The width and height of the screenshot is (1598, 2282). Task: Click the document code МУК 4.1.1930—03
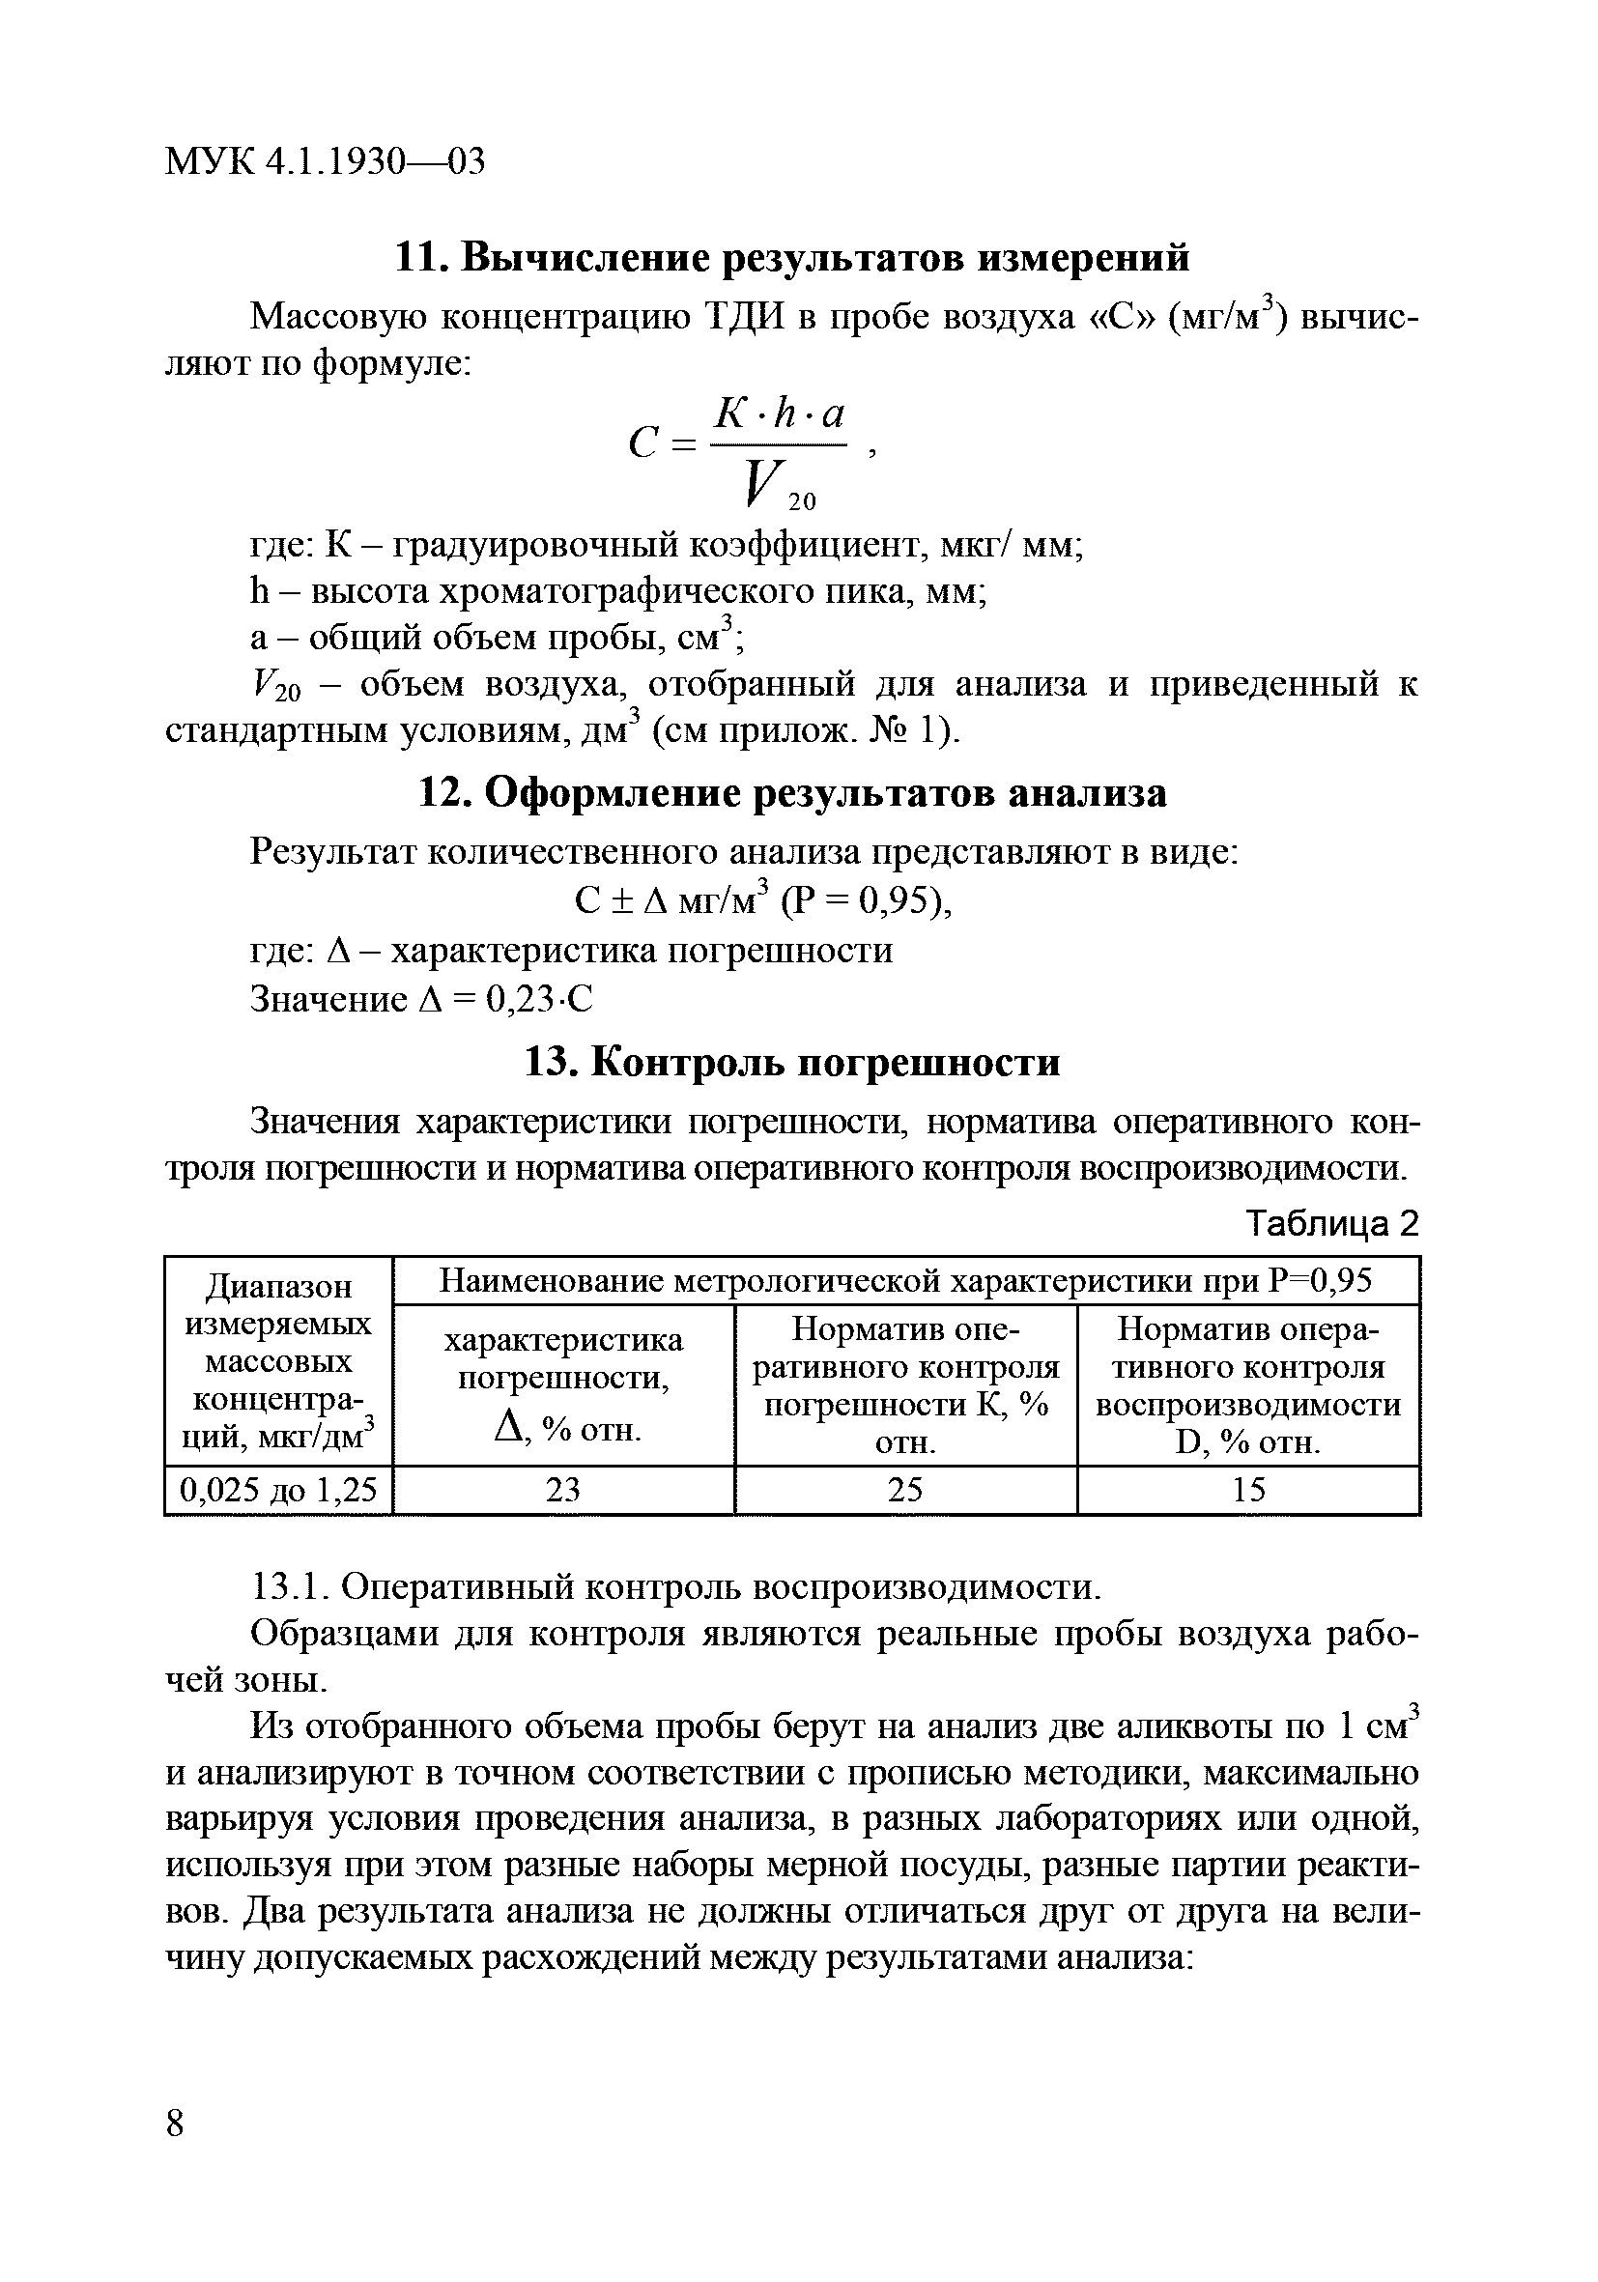point(325,161)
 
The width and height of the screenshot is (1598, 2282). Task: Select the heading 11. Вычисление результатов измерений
point(792,257)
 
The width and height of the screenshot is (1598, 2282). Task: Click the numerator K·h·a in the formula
point(780,412)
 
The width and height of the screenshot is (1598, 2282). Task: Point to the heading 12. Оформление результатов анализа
point(792,792)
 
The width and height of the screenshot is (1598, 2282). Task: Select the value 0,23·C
point(539,999)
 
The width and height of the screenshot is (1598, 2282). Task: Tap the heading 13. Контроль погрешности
point(792,1063)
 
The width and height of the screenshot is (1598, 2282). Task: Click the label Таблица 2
point(1332,1222)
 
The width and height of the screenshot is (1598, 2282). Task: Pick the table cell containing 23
point(563,1490)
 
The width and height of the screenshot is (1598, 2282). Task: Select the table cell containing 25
point(905,1490)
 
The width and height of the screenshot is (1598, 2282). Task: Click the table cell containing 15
point(1248,1490)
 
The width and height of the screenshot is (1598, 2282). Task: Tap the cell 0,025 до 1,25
point(278,1490)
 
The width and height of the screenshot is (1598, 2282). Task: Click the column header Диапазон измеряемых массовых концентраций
point(278,1360)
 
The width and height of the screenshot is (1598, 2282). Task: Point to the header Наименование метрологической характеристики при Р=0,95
point(905,1281)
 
